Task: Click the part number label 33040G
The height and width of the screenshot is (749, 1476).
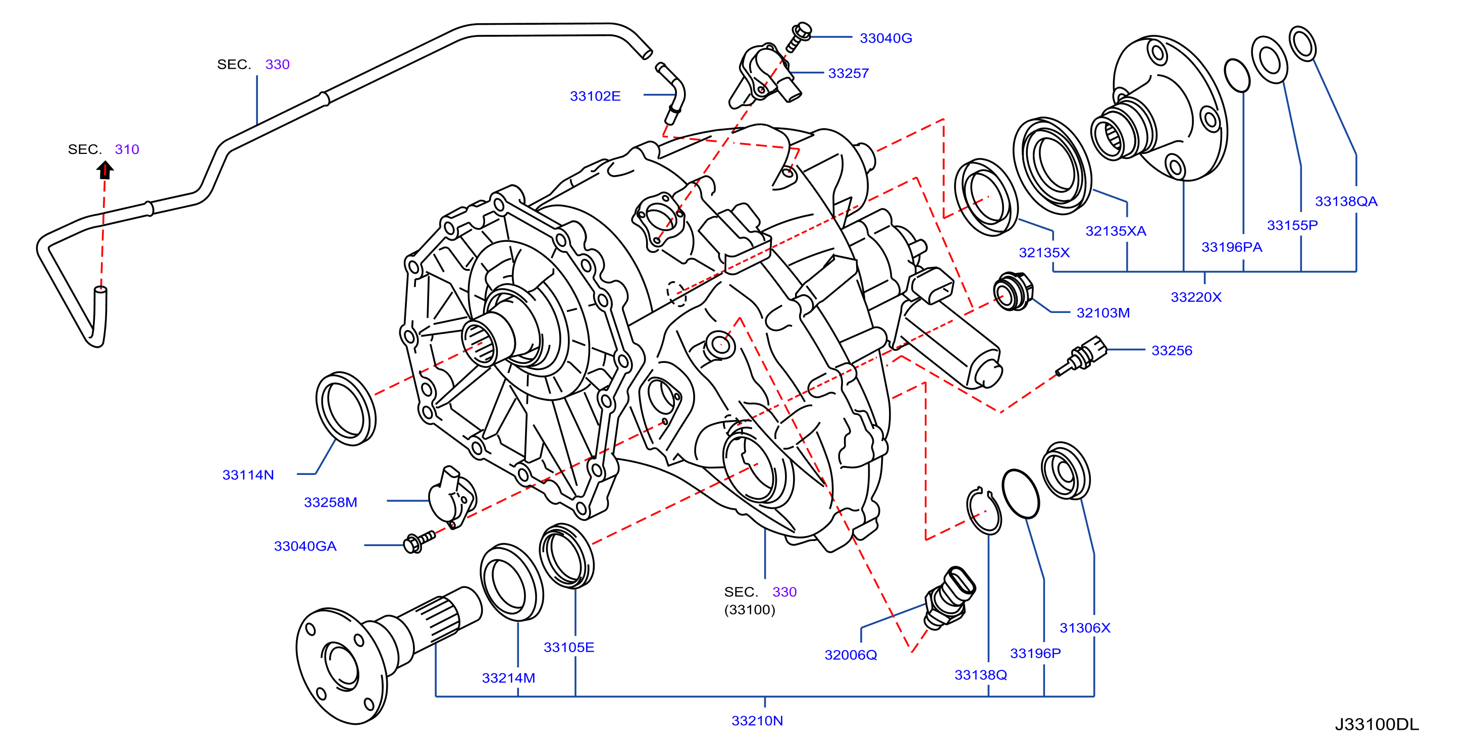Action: coord(885,38)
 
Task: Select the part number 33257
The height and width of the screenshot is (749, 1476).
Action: coord(848,73)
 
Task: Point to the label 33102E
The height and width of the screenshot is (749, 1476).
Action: coord(595,96)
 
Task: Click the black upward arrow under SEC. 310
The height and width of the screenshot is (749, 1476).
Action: coord(105,170)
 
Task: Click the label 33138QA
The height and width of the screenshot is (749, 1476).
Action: coord(1345,201)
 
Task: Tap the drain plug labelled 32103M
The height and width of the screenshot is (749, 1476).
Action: coord(1013,291)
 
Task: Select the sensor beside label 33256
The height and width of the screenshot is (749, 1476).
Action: coord(1081,356)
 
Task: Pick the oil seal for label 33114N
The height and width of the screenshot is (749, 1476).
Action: coord(346,408)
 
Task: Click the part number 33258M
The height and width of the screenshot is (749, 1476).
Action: coord(330,502)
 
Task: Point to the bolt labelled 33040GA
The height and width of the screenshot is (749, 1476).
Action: coord(419,541)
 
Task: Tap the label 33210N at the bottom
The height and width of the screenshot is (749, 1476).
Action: coord(757,721)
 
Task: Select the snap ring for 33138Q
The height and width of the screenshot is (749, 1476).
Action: coord(983,511)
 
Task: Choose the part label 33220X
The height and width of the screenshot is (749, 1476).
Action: coord(1196,297)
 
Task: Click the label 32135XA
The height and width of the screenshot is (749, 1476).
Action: coord(1116,231)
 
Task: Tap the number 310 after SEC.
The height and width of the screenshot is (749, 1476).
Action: coord(127,149)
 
